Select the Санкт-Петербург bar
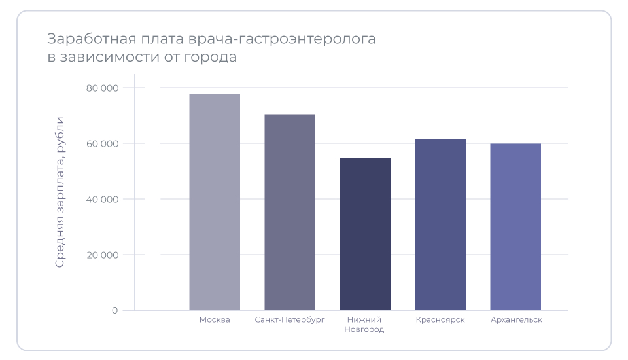coord(290,212)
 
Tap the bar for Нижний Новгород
coord(365,234)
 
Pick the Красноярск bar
coord(440,225)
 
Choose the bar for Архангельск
coord(515,226)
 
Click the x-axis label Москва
coord(215,320)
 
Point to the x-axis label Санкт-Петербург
coord(290,320)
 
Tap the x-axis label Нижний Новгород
coord(364,325)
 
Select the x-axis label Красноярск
coord(440,320)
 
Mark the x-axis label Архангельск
coord(516,320)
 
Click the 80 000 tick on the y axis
coord(102,88)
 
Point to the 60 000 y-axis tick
coord(102,143)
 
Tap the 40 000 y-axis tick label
coord(102,199)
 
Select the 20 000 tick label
coord(102,255)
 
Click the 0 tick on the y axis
coord(114,310)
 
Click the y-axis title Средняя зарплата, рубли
coord(60,192)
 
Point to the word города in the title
coord(214,58)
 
